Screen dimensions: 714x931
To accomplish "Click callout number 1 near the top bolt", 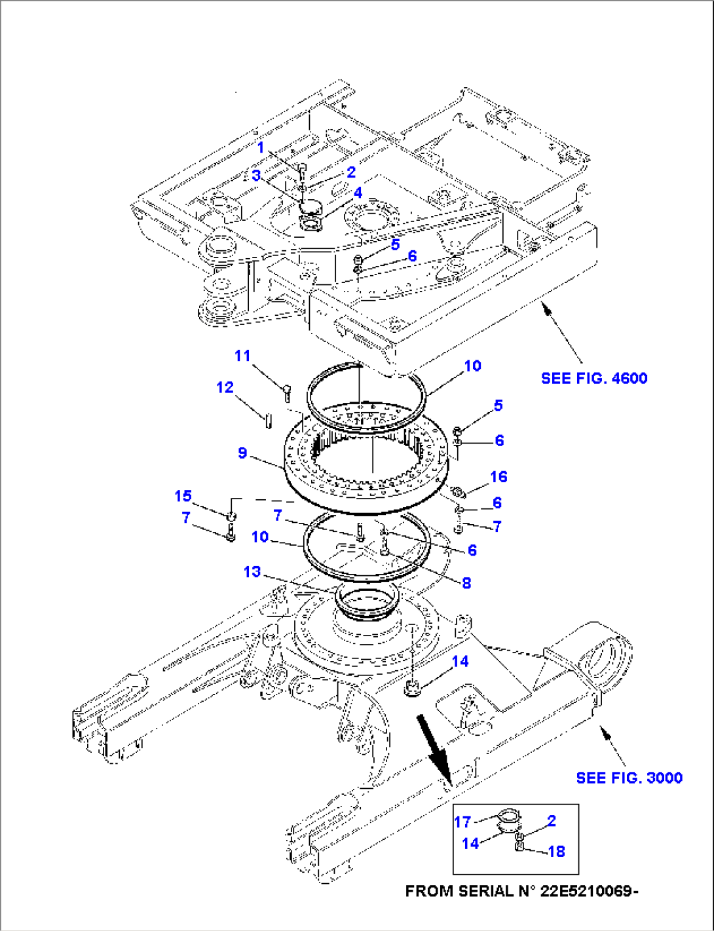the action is pyautogui.click(x=261, y=148).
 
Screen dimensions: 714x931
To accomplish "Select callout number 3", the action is pyautogui.click(x=256, y=175).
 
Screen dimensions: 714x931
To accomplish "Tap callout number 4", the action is pyautogui.click(x=358, y=193).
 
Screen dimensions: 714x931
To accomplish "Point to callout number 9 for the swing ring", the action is pyautogui.click(x=242, y=453).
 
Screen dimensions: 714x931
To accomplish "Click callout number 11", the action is pyautogui.click(x=242, y=356).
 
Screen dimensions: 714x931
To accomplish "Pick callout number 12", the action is pyautogui.click(x=225, y=387).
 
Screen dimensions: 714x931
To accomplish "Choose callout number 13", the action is pyautogui.click(x=252, y=571).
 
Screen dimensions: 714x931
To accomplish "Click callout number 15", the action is pyautogui.click(x=183, y=496).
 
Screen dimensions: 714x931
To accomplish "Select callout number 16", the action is pyautogui.click(x=498, y=476).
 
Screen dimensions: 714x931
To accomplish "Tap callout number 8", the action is pyautogui.click(x=466, y=582).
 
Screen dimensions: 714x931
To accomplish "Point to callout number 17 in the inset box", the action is pyautogui.click(x=462, y=822).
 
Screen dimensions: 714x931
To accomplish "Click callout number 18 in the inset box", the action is pyautogui.click(x=556, y=851).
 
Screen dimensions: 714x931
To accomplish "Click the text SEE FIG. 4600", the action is pyautogui.click(x=594, y=378).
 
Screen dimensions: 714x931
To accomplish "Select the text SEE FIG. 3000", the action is pyautogui.click(x=629, y=778).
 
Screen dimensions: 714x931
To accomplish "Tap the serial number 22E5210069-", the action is pyautogui.click(x=590, y=892).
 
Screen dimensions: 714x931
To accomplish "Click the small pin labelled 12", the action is pyautogui.click(x=268, y=420).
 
